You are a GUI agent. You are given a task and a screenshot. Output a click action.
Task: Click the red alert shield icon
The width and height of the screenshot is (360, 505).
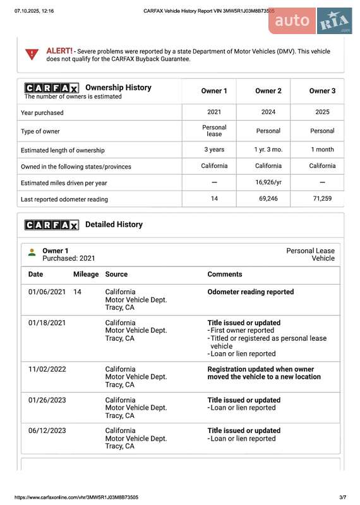click(x=32, y=54)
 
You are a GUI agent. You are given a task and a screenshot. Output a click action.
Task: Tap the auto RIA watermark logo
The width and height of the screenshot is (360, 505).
click(x=310, y=21)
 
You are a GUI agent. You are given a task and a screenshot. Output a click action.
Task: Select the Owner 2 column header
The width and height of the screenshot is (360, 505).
click(x=268, y=91)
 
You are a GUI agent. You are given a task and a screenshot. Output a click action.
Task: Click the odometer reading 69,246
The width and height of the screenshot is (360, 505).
click(x=268, y=199)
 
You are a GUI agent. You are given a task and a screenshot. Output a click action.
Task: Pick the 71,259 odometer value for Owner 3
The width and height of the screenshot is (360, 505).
click(x=322, y=199)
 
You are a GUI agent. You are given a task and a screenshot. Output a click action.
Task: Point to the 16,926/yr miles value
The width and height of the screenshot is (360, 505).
click(x=268, y=182)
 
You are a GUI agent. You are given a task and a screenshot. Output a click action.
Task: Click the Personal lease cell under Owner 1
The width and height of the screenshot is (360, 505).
click(x=214, y=131)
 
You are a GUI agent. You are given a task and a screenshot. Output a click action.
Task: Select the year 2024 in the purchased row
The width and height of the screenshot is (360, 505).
click(x=268, y=112)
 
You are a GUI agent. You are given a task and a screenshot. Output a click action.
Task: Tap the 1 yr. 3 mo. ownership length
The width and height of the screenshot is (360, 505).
click(x=268, y=150)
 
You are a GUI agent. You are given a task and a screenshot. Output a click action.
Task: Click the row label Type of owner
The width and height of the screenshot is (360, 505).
click(x=42, y=131)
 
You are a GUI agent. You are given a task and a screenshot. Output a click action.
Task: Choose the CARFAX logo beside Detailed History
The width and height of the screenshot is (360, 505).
click(x=51, y=225)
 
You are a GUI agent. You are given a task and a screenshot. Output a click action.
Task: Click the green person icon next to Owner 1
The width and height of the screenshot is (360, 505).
click(x=32, y=252)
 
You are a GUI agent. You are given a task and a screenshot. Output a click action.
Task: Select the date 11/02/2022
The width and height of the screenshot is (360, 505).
click(x=47, y=369)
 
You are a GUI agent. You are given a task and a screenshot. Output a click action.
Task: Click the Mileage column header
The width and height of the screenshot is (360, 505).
click(x=86, y=275)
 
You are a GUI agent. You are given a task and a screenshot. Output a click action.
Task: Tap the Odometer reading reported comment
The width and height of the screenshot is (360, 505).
click(x=250, y=292)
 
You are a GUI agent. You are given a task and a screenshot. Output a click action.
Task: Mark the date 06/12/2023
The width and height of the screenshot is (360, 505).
click(x=47, y=431)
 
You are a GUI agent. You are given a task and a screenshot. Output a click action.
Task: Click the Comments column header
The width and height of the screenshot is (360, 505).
click(x=224, y=275)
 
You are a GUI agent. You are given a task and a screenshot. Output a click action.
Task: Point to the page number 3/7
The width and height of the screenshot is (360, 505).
click(x=343, y=497)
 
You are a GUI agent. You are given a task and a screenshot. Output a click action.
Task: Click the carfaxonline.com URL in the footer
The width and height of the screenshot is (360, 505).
click(x=76, y=497)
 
